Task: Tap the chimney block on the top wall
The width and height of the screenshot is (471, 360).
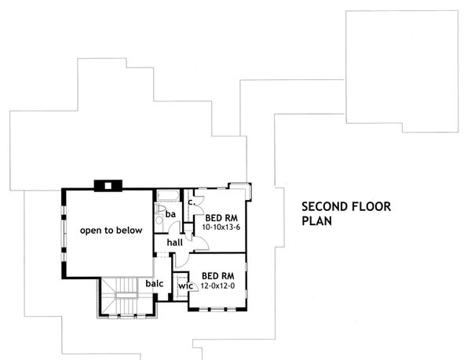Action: [x=104, y=186]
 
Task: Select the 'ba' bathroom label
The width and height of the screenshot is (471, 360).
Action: [x=170, y=213]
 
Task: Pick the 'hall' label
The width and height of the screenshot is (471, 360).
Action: [x=173, y=244]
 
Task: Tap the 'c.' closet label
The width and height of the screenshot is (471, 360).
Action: [x=191, y=202]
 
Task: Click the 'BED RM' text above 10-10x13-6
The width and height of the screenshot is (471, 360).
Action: [x=221, y=217]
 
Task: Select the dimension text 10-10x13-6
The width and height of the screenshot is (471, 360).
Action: [x=221, y=227]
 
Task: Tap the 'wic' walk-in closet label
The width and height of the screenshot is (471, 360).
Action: [x=185, y=286]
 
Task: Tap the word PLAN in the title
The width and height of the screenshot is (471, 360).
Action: [x=316, y=221]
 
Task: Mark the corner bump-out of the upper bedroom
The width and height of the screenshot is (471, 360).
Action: [x=238, y=187]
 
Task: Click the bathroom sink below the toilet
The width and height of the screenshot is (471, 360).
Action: [x=160, y=231]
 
